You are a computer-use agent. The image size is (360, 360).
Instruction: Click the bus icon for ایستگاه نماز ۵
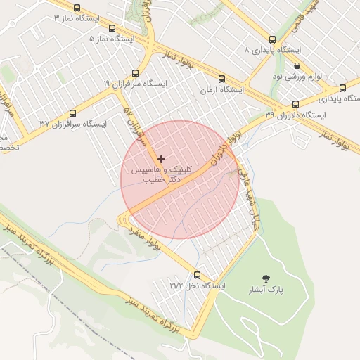[112, 29]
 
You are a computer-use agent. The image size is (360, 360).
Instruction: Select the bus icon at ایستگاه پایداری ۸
[273, 40]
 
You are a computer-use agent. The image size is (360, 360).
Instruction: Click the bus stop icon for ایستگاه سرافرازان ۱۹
[136, 72]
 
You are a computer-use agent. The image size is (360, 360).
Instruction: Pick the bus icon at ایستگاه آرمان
[221, 79]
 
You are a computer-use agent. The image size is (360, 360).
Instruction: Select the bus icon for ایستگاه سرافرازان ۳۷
[73, 112]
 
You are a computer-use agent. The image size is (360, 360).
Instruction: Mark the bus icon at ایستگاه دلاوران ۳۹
[295, 104]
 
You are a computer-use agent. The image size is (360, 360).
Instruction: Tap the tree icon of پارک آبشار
[266, 278]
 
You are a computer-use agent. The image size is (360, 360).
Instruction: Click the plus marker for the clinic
[162, 159]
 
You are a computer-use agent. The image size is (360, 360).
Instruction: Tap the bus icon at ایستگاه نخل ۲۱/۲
[196, 275]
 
